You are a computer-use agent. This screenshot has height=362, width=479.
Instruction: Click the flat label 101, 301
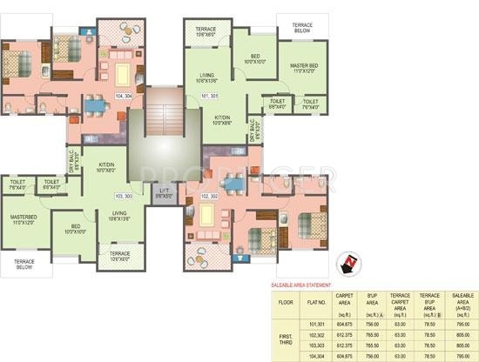click(x=210, y=94)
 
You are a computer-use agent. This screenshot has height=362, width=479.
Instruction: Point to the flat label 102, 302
click(x=211, y=197)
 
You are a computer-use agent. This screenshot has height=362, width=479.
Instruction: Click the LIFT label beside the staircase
click(x=164, y=192)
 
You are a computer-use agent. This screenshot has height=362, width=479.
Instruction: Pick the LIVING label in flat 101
click(x=206, y=78)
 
